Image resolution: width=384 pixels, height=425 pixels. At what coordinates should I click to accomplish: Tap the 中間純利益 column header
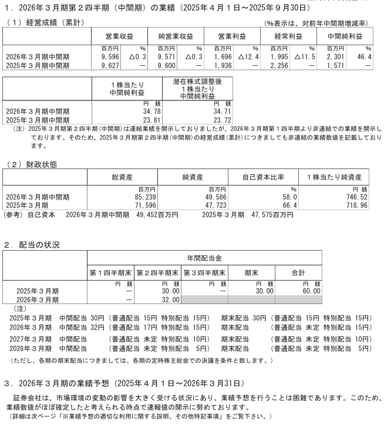point(349,36)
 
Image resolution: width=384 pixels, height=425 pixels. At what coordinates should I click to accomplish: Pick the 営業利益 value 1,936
point(226,65)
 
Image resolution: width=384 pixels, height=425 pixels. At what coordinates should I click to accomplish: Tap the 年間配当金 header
point(204,258)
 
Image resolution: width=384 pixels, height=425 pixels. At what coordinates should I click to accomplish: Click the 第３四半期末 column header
point(204,274)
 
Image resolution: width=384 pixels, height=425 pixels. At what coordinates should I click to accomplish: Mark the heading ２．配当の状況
point(32,244)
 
